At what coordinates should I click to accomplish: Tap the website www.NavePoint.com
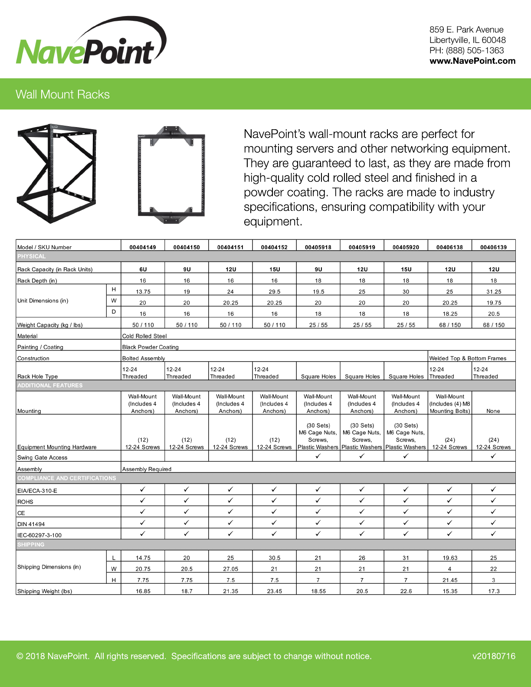(472, 61)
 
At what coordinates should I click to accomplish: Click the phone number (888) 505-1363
(475, 51)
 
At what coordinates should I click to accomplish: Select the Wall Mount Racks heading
(62, 95)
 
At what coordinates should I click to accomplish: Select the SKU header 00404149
(143, 247)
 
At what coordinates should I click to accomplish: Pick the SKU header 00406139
(493, 247)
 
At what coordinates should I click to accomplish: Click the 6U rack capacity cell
(143, 269)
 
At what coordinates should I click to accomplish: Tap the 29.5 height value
(274, 292)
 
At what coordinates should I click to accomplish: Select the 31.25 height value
(493, 292)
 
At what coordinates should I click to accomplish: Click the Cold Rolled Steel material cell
(144, 336)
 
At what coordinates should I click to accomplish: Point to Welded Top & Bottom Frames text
(468, 358)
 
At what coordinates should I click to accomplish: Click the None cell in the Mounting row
(493, 411)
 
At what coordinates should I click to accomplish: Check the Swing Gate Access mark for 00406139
(493, 456)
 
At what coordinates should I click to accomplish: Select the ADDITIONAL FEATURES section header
(50, 386)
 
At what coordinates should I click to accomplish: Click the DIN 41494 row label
(31, 524)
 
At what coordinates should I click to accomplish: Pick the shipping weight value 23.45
(274, 591)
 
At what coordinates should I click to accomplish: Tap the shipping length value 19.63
(449, 558)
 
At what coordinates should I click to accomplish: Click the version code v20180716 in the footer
(494, 656)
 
